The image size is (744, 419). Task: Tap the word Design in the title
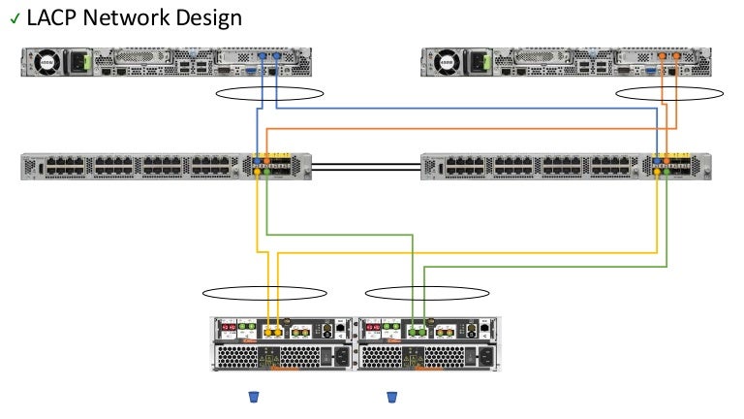[211, 18]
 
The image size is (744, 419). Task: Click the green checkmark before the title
[14, 20]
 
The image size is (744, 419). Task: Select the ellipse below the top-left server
[269, 94]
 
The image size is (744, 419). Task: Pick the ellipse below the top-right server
[669, 94]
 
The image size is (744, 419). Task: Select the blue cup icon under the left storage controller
[253, 397]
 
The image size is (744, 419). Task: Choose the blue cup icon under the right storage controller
[392, 397]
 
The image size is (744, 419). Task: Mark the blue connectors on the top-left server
[267, 57]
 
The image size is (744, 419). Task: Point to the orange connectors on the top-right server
[669, 57]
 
